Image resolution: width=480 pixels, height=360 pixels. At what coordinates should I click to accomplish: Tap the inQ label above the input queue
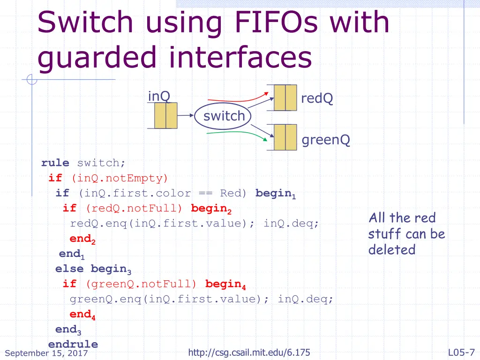[159, 96]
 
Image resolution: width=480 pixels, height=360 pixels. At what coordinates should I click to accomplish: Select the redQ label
[317, 98]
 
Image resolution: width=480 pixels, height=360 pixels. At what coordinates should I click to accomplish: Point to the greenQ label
[326, 140]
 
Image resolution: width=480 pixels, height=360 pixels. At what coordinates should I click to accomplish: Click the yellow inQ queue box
[165, 116]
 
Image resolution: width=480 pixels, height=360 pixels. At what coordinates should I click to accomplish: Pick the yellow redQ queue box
[285, 97]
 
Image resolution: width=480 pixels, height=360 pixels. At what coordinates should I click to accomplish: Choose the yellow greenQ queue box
[285, 137]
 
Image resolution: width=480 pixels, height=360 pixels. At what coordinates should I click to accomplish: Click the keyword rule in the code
[55, 163]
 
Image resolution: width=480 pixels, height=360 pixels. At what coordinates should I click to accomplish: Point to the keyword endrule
[73, 344]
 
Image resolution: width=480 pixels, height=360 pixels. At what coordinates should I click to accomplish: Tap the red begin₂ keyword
[211, 209]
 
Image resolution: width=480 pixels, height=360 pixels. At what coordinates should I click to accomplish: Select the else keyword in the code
[69, 269]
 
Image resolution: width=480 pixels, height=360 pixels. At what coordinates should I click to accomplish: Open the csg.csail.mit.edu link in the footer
[249, 352]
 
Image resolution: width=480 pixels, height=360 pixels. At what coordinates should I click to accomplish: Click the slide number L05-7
[461, 352]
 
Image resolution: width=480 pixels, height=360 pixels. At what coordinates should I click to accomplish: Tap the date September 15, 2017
[46, 353]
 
